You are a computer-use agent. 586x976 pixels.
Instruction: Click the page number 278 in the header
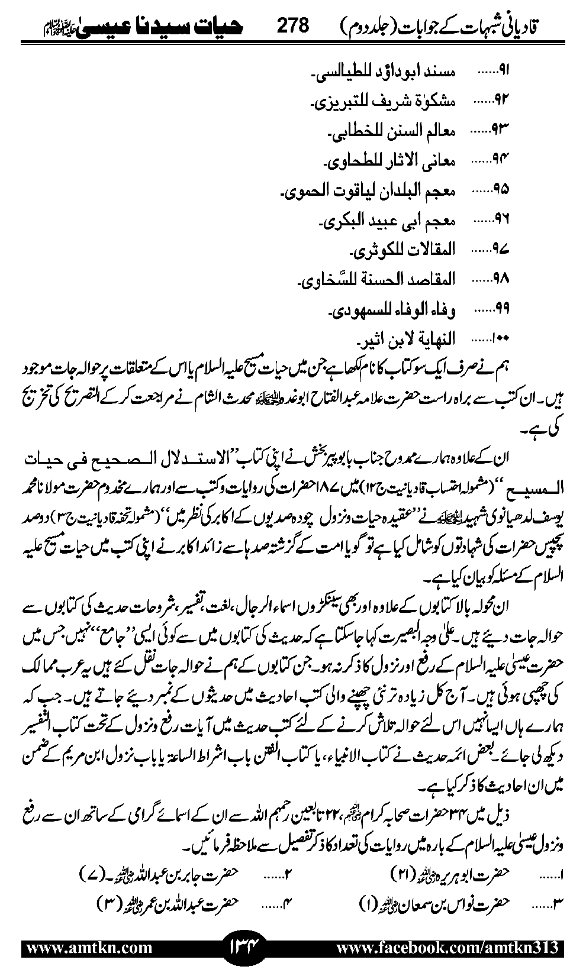point(293,25)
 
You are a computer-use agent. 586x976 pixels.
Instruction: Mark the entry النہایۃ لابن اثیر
point(407,338)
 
